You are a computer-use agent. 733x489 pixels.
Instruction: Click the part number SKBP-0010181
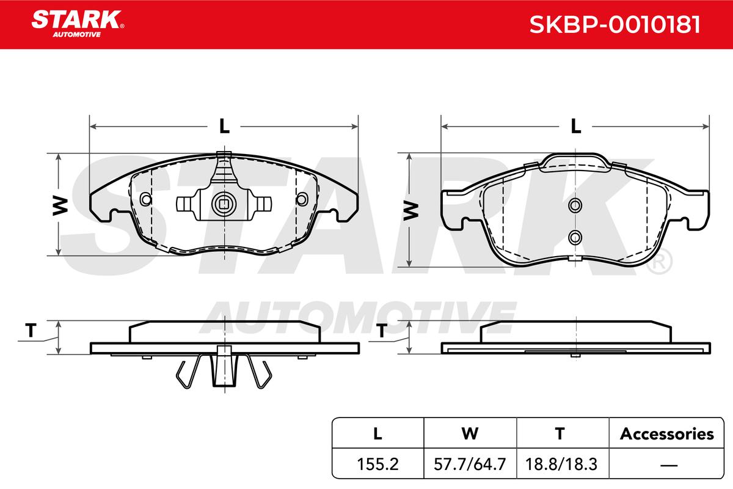pos(614,24)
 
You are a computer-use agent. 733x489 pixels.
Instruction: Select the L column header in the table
pos(377,433)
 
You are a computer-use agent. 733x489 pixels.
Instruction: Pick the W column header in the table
pos(470,433)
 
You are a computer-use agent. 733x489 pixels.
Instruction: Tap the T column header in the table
pos(560,433)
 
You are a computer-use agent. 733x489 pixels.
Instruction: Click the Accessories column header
pos(666,433)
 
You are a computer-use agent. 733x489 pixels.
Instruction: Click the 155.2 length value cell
pos(377,464)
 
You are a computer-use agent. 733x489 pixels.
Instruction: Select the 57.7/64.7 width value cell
pos(470,464)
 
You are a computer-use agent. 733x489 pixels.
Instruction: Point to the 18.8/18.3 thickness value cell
pos(561,464)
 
